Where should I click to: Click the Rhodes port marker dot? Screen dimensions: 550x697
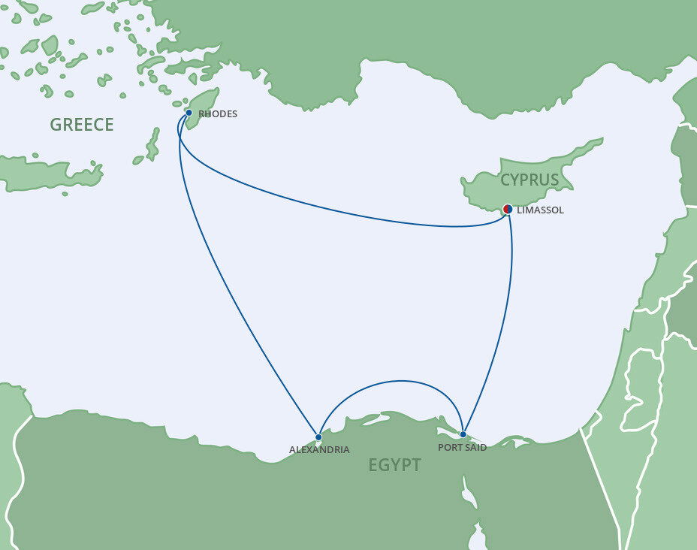click(189, 113)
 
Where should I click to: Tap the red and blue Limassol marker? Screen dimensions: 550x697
click(508, 209)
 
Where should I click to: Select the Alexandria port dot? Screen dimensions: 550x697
click(318, 437)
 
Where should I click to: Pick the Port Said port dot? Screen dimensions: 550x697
click(463, 434)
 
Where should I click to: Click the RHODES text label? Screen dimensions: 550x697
click(218, 114)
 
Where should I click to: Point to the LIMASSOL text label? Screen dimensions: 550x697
click(540, 210)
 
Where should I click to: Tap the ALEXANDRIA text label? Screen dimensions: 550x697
click(319, 450)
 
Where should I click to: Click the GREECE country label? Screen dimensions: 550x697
click(82, 125)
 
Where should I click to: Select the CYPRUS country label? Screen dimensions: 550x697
click(530, 180)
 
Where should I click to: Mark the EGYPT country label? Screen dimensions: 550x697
click(394, 465)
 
